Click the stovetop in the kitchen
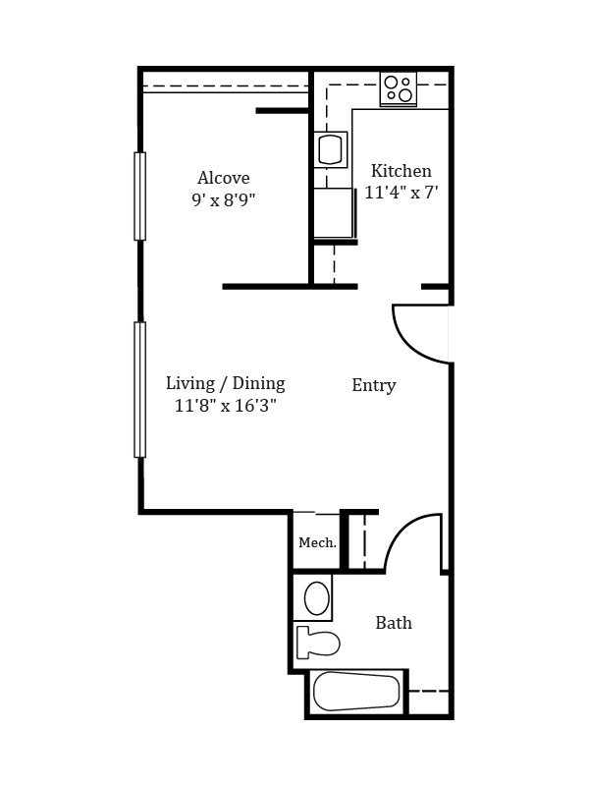click(399, 89)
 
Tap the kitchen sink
click(331, 149)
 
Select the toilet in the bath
click(318, 642)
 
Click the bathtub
click(356, 692)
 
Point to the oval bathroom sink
click(316, 598)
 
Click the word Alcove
click(224, 178)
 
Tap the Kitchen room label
click(402, 171)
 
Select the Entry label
click(374, 385)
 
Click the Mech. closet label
click(317, 542)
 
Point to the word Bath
click(394, 623)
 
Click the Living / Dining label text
click(226, 383)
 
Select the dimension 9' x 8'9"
click(224, 200)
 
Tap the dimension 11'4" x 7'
click(402, 193)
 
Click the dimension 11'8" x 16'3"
click(226, 405)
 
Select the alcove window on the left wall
click(139, 196)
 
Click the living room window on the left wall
click(139, 389)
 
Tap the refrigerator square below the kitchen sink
click(334, 212)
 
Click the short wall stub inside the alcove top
click(282, 111)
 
